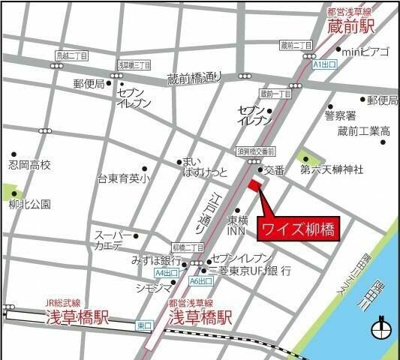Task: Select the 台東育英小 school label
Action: pyautogui.click(x=123, y=179)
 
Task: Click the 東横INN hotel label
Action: pyautogui.click(x=240, y=225)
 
